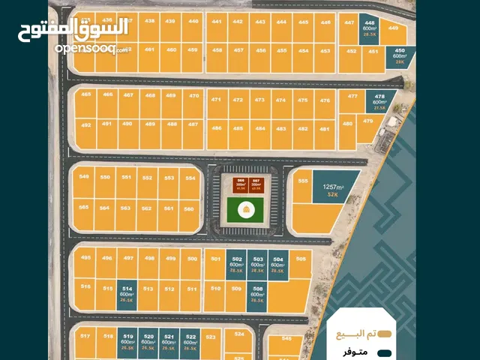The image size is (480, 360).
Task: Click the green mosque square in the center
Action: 244,211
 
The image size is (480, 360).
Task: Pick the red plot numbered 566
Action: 241,184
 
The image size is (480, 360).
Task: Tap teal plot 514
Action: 127,294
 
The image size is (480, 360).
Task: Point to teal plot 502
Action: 237,265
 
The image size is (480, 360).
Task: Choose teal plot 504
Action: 278,265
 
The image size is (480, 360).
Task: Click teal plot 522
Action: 190,342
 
